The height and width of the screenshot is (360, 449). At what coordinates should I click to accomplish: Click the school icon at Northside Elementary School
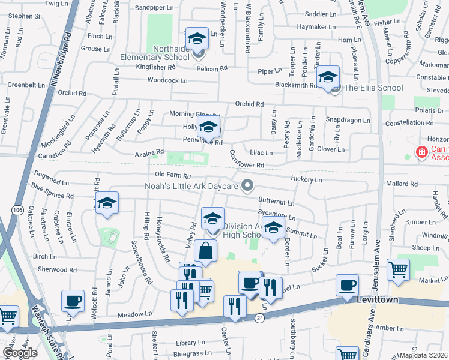(x=196, y=39)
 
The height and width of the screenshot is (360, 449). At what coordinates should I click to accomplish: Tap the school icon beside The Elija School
(x=328, y=77)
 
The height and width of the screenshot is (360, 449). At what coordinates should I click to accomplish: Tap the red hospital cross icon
(x=422, y=152)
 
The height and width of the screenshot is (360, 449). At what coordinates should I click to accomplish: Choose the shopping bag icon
(x=205, y=251)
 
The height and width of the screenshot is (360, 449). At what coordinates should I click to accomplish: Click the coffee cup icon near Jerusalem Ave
(x=346, y=286)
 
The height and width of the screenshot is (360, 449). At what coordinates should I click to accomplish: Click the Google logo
(x=20, y=353)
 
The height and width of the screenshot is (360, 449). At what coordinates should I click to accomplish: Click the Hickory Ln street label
(x=306, y=179)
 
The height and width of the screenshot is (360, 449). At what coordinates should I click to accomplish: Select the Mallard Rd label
(x=402, y=184)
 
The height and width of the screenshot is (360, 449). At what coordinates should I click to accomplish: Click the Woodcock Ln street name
(x=167, y=80)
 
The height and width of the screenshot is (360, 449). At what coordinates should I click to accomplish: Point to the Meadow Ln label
(x=136, y=314)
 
